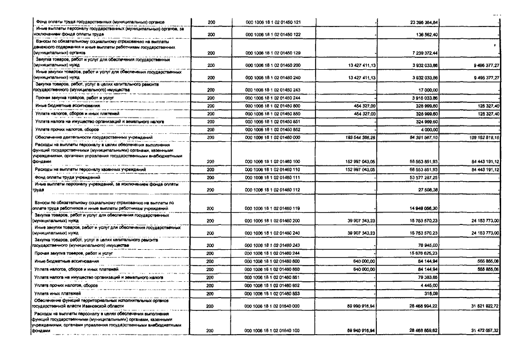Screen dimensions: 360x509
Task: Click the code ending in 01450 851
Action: [x=273, y=121]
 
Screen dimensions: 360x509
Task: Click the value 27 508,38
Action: [x=429, y=190]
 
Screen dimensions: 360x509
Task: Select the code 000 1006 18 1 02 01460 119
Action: [x=273, y=209]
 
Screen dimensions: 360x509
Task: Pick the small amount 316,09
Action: [x=431, y=293]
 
